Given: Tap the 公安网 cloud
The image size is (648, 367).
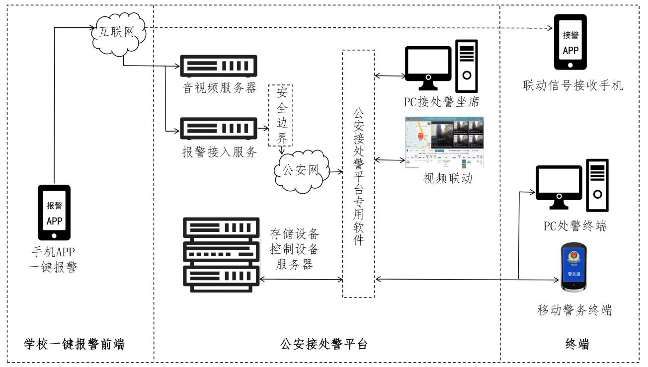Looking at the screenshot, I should point(301,171).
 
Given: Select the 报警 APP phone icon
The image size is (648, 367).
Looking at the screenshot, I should point(54,213).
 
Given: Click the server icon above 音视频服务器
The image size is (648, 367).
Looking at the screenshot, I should point(218,65).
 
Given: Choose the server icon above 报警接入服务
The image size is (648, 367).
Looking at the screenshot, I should point(218,128).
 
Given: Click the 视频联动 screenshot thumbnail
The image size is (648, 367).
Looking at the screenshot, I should point(444,143).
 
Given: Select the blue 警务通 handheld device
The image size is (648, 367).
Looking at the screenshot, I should point(573,268).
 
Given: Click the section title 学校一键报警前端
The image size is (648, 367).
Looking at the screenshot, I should point(75,344).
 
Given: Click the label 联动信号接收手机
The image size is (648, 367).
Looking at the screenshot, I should point(572,85).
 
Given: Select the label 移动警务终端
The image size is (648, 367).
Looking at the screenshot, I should point(574,310).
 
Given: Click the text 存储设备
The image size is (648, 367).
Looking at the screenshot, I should point(294,233).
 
